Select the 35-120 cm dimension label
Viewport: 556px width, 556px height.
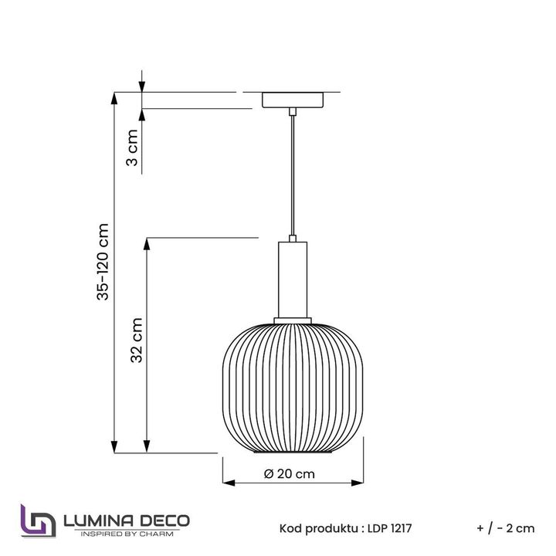point(103,262)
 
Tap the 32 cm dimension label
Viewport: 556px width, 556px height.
point(135,341)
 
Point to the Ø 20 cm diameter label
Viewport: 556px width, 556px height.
point(290,474)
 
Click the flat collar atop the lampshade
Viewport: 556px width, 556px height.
point(292,319)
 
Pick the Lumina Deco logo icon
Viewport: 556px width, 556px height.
point(38,521)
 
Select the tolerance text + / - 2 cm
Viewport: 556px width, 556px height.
point(505,529)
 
